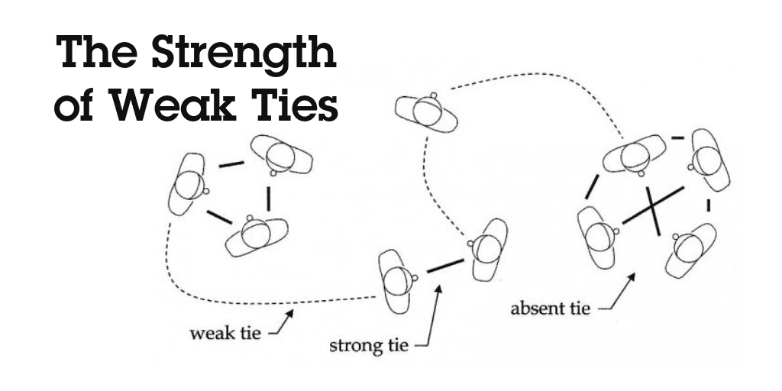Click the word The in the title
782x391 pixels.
(99, 52)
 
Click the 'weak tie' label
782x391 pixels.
(225, 333)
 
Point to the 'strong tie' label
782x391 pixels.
(369, 344)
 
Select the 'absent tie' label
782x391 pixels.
(550, 309)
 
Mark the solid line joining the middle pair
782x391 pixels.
(445, 266)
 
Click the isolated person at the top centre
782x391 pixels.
(426, 111)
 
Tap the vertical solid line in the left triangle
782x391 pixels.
(268, 199)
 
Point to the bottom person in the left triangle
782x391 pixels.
(257, 236)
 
